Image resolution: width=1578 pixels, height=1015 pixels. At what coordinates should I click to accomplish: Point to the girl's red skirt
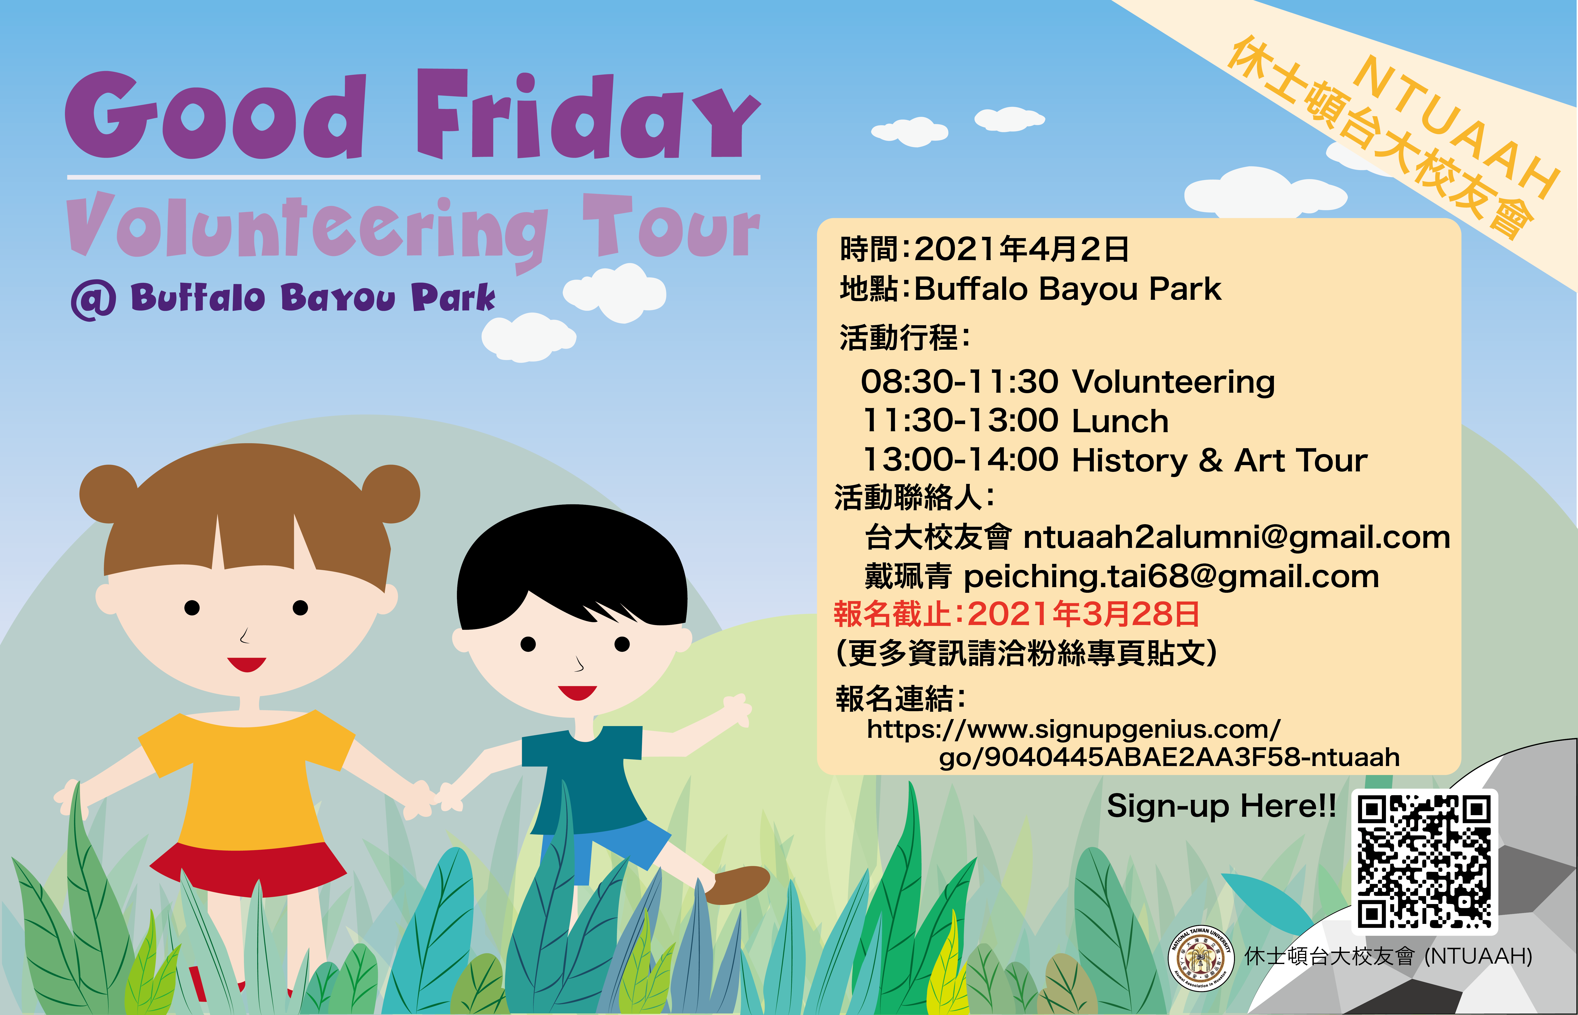click(x=248, y=869)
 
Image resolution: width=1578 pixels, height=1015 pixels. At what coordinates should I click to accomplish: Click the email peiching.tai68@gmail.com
click(x=1171, y=577)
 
